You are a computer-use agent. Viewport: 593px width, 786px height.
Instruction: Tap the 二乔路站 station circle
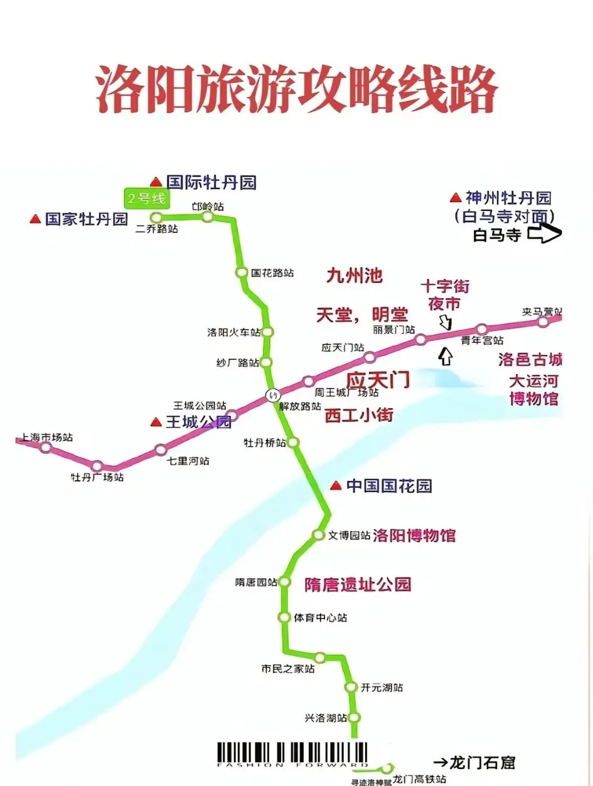[x=156, y=217]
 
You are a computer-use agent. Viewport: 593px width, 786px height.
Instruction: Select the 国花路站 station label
[x=272, y=273]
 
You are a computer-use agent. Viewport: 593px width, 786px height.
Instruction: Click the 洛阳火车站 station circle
[x=267, y=331]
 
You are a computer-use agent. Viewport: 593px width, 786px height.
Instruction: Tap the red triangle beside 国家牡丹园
[x=36, y=219]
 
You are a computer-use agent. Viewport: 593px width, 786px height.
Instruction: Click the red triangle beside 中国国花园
[x=336, y=485]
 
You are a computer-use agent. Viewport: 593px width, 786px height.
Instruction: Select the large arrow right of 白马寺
[x=544, y=235]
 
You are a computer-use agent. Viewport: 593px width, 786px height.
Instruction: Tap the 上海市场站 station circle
[x=45, y=447]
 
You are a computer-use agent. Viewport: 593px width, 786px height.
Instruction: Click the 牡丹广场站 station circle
[x=97, y=466]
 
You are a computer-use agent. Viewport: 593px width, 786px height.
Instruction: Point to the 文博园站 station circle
[x=318, y=535]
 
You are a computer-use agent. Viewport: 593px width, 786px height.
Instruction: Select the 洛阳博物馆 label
[x=414, y=536]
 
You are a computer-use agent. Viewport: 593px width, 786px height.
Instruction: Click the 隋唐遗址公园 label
[x=358, y=584]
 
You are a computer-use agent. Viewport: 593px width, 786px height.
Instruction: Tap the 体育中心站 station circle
[x=284, y=617]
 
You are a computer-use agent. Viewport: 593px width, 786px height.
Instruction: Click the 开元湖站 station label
[x=382, y=687]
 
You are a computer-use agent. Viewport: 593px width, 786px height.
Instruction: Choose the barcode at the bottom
[x=293, y=754]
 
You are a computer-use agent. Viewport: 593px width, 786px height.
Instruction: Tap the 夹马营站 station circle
[x=543, y=322]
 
